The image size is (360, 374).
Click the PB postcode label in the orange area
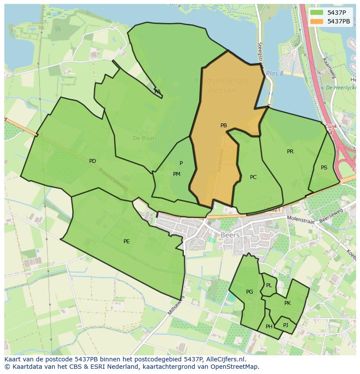(x=223, y=126)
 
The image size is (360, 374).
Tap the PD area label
(x=92, y=161)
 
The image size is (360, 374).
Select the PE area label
(x=127, y=242)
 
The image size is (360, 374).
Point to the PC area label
(x=253, y=177)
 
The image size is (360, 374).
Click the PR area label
(x=290, y=152)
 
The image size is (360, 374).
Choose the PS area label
(x=324, y=168)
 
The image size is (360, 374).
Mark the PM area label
(x=177, y=174)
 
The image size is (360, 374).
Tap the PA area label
(x=157, y=92)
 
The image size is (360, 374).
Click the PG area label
(x=249, y=292)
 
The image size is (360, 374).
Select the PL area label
(x=269, y=285)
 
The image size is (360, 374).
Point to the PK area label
(x=287, y=303)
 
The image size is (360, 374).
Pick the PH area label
(x=269, y=327)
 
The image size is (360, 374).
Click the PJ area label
(x=285, y=325)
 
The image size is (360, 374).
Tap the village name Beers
(x=230, y=235)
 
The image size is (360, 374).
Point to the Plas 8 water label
(x=274, y=73)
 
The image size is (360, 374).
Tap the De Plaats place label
(x=145, y=138)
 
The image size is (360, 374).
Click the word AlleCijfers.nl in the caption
(x=225, y=359)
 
